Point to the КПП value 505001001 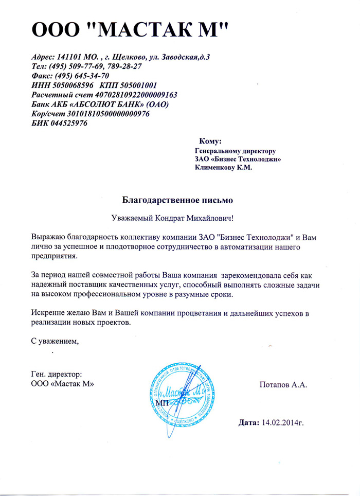click(x=137, y=85)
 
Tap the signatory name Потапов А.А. click(x=284, y=385)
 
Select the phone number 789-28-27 click(x=122, y=67)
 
